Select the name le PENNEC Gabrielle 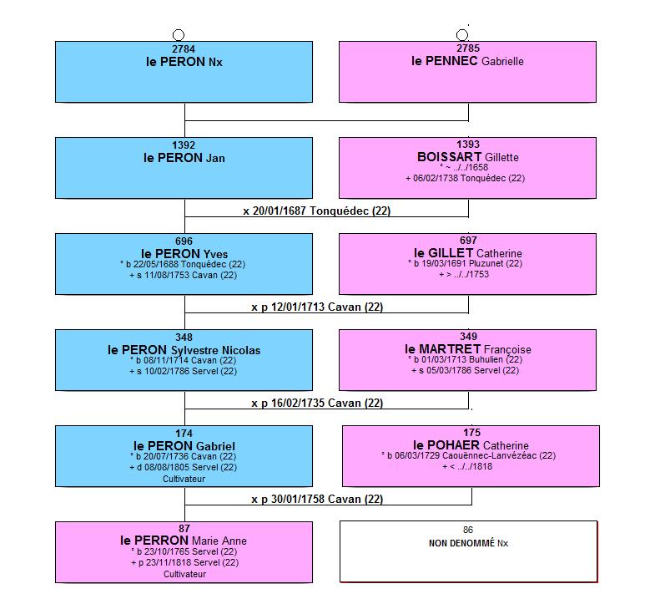(x=467, y=61)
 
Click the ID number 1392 (x=184, y=145)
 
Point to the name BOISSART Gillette (x=468, y=157)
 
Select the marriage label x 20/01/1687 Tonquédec (x=316, y=211)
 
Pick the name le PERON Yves (x=184, y=254)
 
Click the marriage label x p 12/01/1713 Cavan (x=317, y=307)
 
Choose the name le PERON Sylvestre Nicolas (x=184, y=350)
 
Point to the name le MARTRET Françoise (x=468, y=349)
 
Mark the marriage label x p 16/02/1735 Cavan (x=317, y=404)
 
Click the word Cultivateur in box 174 (x=184, y=479)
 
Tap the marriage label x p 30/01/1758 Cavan (x=317, y=499)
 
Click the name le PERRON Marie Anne (x=184, y=541)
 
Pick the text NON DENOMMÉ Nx (x=468, y=543)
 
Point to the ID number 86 (x=468, y=530)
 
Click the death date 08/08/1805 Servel (x=183, y=467)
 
